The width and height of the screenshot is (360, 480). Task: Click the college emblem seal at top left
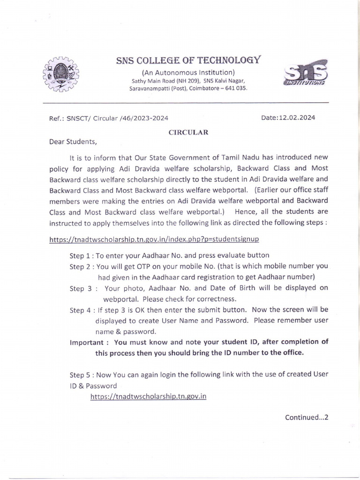pos(61,75)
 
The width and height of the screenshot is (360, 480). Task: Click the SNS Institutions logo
pos(307,75)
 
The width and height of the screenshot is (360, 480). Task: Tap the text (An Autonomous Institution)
pos(188,72)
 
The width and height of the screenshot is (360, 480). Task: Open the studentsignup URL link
pos(154,239)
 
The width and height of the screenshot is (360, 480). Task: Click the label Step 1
pos(81,255)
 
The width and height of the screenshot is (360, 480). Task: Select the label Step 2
pos(81,266)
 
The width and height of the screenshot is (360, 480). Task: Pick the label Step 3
pos(81,288)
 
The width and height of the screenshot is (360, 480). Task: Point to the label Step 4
pos(81,309)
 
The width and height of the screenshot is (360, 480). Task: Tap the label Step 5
pos(81,375)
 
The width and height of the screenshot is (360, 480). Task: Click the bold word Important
pos(88,342)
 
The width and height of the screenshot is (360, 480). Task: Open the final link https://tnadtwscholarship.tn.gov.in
pos(149,396)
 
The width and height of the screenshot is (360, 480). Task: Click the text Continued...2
pos(307,417)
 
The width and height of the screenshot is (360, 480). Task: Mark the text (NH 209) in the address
pos(182,81)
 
